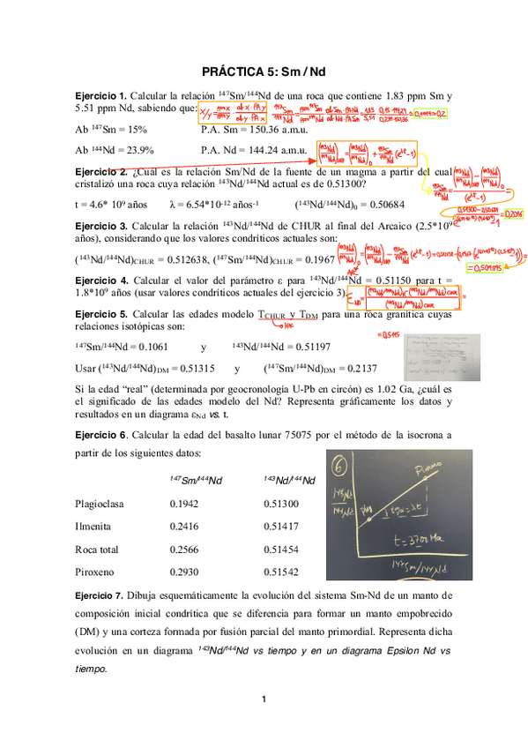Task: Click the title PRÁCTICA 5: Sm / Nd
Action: click(264, 69)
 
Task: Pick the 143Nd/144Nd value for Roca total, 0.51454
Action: click(281, 547)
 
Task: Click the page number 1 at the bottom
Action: click(264, 699)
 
